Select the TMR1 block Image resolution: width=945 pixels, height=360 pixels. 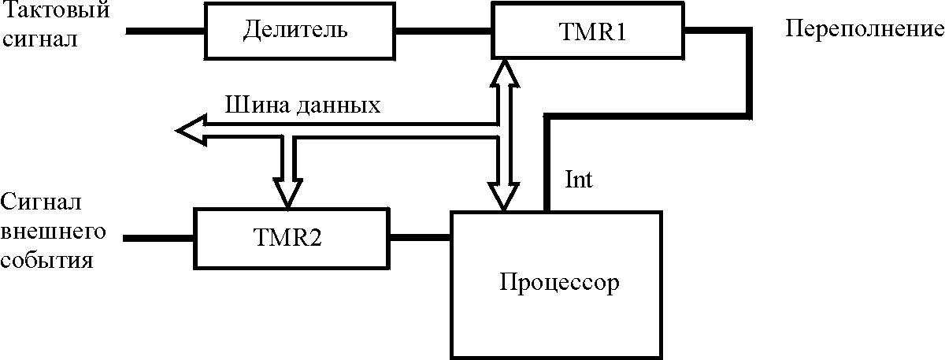pos(587,31)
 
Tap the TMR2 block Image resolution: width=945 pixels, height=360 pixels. pos(292,237)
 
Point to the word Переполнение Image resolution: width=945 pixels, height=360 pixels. pos(865,31)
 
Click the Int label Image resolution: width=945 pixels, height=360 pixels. pos(579,180)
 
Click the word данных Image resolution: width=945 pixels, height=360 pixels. pos(339,105)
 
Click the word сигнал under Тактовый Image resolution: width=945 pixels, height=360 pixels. pos(39,39)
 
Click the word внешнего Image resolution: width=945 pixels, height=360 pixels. pos(53,232)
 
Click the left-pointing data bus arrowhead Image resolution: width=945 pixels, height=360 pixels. pos(190,130)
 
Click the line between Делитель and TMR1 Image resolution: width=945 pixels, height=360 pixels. pos(443,32)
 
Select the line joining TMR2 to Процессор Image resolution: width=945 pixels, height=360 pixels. pos(420,236)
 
